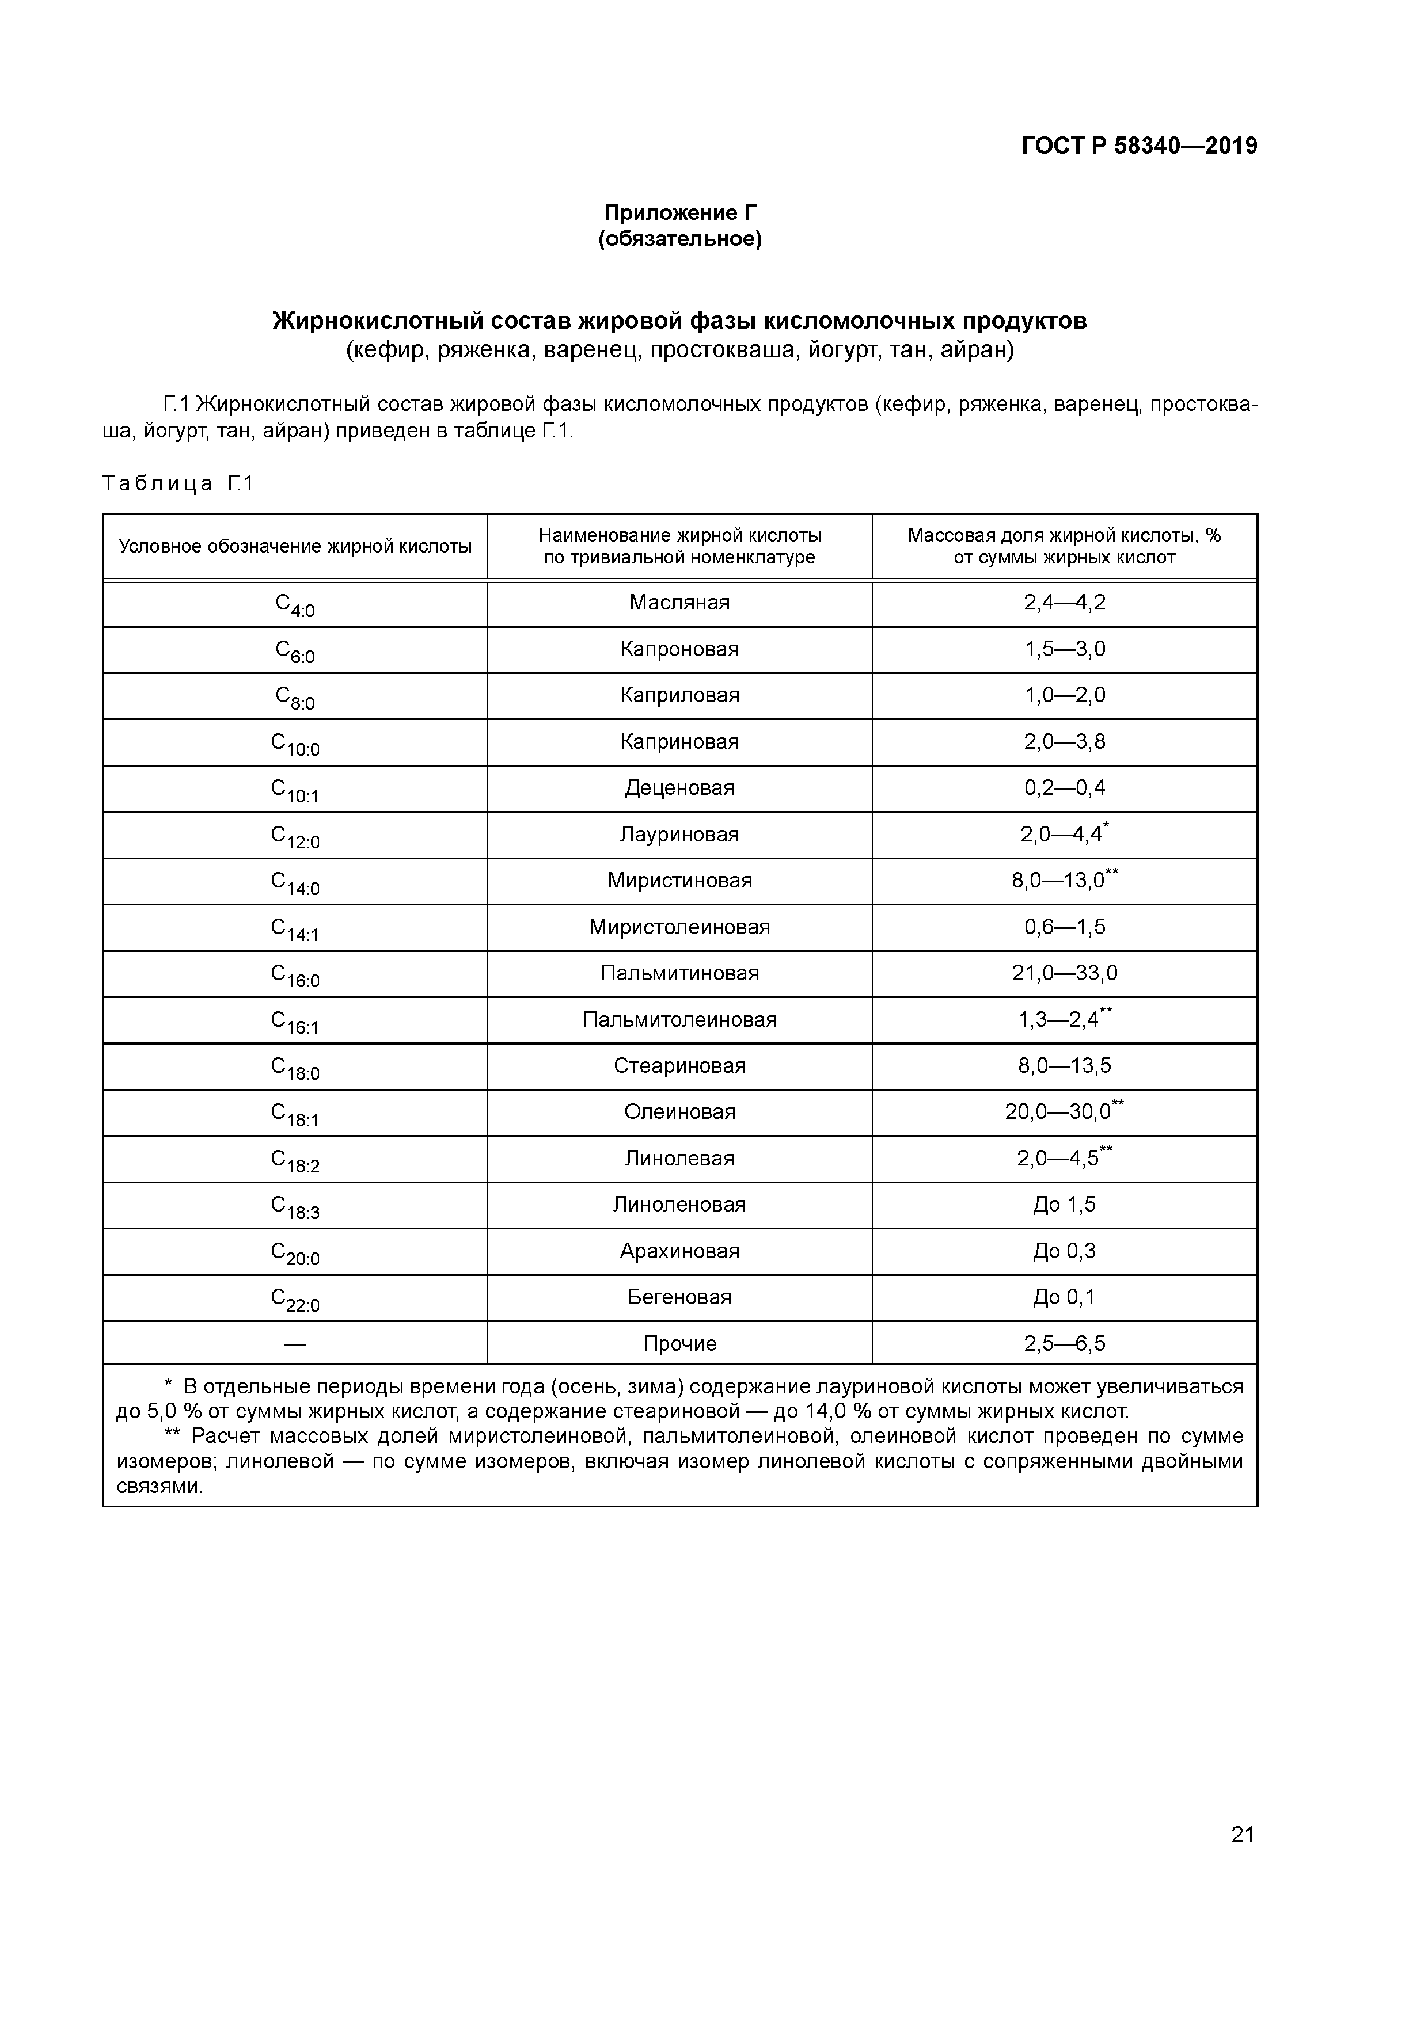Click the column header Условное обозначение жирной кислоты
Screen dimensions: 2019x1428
[295, 546]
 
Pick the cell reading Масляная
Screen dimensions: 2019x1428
[679, 603]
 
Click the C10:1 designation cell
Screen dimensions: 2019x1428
[295, 790]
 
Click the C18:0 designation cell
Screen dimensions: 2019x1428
[295, 1068]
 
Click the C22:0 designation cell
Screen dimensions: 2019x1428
[295, 1299]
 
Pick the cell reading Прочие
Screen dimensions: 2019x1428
[679, 1344]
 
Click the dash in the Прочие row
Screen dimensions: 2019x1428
[295, 1344]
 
